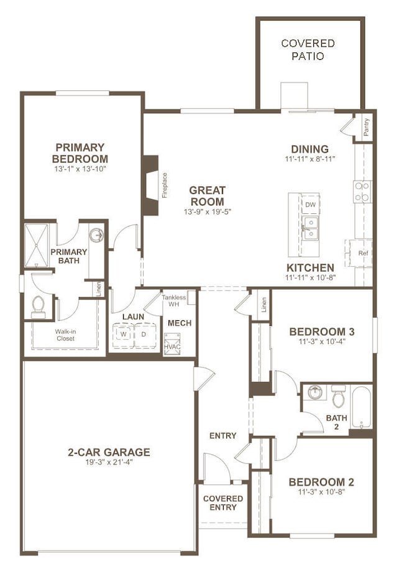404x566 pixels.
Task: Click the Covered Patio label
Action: [308, 50]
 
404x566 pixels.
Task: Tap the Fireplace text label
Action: [165, 185]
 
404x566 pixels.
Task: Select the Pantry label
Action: [367, 128]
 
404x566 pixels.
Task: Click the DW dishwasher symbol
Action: [310, 205]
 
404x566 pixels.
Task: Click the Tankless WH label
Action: [174, 300]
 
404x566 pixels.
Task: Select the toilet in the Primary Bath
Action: [39, 307]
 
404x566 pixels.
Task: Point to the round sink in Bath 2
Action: [316, 392]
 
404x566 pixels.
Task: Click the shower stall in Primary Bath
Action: [36, 246]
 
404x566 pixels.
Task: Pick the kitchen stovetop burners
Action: [362, 192]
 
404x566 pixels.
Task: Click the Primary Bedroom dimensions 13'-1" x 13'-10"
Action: [80, 169]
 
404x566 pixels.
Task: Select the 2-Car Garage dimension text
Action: [109, 462]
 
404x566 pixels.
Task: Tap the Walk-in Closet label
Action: [65, 335]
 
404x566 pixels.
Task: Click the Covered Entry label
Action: [223, 503]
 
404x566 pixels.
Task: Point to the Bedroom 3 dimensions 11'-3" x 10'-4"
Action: [322, 341]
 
